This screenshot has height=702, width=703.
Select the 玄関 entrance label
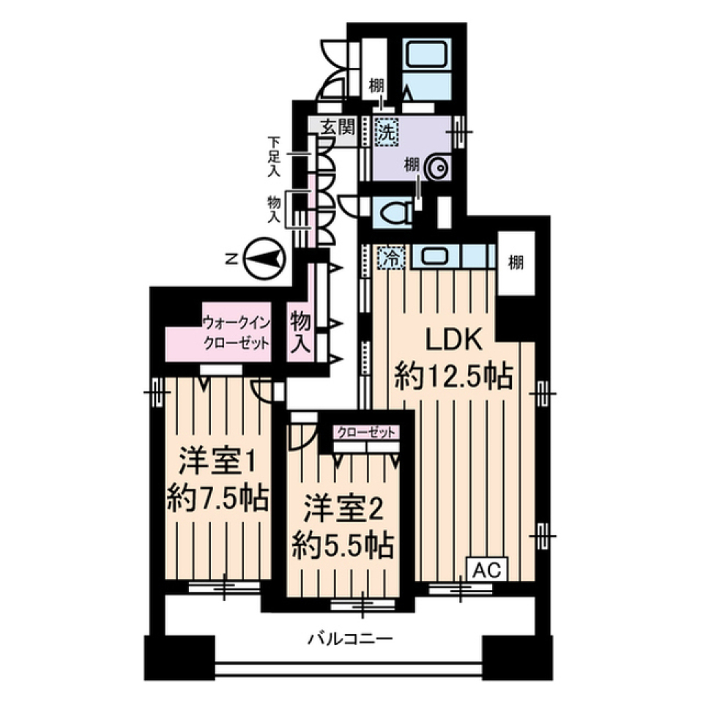(338, 127)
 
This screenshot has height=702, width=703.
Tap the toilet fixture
(393, 212)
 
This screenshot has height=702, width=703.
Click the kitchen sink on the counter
(432, 257)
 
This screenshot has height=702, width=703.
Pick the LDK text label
(453, 340)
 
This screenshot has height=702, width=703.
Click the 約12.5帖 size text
(453, 378)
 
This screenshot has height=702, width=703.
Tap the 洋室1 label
(217, 463)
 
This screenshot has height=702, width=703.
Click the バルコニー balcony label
(349, 638)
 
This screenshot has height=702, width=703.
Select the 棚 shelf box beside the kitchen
(517, 264)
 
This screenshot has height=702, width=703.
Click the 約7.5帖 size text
(216, 500)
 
